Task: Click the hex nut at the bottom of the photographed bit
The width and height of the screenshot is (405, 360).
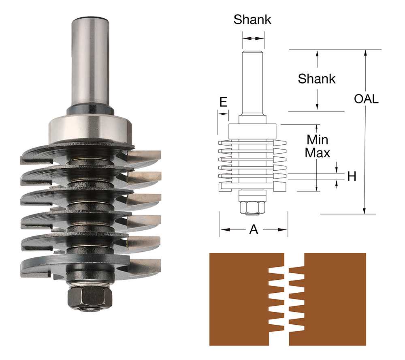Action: coord(90,298)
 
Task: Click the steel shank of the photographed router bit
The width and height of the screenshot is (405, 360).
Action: coord(90,61)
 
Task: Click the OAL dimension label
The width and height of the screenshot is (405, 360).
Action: coord(366,99)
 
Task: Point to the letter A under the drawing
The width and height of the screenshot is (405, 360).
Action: coord(254,229)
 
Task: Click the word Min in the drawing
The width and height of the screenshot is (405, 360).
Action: coord(317,140)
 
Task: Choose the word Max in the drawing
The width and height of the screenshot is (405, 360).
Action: coord(317,153)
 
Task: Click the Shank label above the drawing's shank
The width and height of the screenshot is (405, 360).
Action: coord(252,20)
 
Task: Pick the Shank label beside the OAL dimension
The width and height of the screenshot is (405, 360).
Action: coord(317,79)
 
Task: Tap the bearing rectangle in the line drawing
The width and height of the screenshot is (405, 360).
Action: coord(252,131)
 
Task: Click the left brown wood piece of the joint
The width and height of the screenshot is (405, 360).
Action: coord(239,300)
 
